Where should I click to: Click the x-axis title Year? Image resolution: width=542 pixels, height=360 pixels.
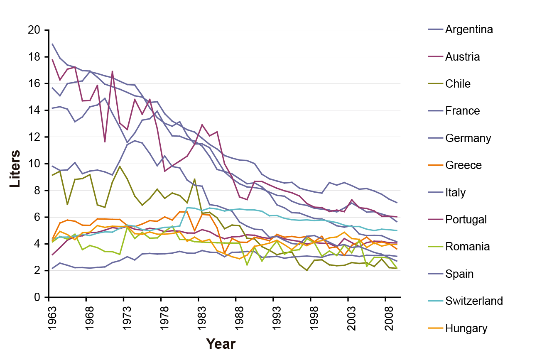point(221,344)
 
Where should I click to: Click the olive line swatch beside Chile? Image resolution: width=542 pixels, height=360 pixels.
point(434,84)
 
